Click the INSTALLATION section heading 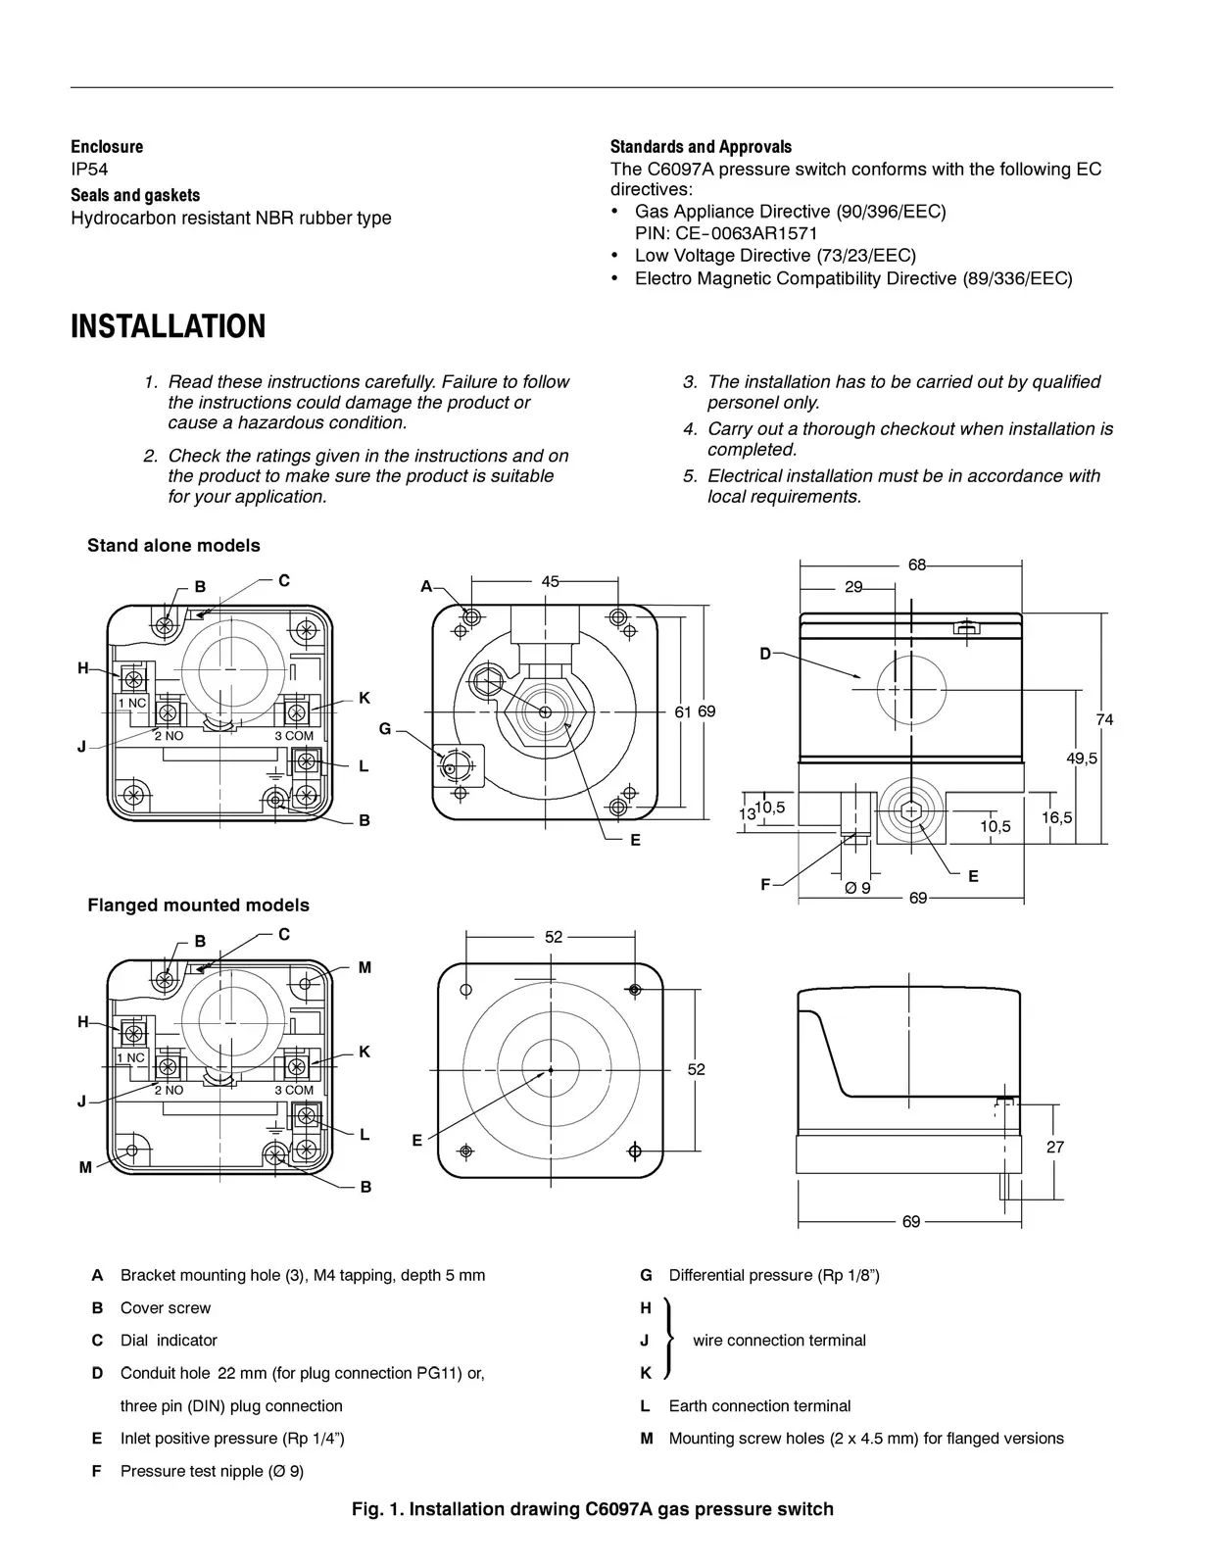tap(168, 326)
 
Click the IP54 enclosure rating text tap(89, 169)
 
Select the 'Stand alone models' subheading tap(173, 545)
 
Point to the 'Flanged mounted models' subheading tap(198, 905)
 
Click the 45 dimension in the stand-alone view tap(551, 581)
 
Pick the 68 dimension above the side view tap(917, 564)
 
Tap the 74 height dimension tap(1104, 719)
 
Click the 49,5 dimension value tap(1081, 758)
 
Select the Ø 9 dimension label tap(857, 887)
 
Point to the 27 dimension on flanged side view tap(1054, 1146)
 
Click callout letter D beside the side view tap(765, 653)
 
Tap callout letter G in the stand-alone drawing tap(385, 728)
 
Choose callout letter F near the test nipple tap(765, 884)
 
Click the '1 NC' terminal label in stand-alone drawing tap(131, 703)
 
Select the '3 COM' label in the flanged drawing tap(294, 1090)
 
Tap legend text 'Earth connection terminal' tap(759, 1405)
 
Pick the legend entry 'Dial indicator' tap(169, 1340)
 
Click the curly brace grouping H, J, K tap(670, 1340)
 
